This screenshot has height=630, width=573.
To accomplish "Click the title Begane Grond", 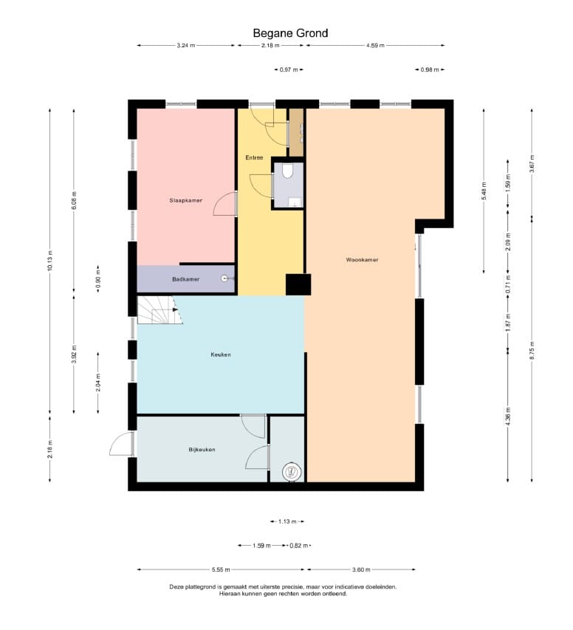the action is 290,33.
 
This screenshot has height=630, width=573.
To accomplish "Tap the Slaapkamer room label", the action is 185,200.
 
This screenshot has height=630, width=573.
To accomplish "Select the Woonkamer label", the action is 362,260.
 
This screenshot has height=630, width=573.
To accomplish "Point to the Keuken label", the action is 221,355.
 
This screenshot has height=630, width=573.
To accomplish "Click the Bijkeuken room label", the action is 202,450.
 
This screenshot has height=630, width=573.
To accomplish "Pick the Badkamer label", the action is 185,279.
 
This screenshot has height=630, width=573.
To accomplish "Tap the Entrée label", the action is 254,157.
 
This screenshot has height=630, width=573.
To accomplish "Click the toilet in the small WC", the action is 288,171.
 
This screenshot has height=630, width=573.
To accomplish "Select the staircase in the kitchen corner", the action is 159,309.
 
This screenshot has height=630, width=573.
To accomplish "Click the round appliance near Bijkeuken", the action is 292,471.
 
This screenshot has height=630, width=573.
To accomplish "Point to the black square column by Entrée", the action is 298,284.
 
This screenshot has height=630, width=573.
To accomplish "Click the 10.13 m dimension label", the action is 49,261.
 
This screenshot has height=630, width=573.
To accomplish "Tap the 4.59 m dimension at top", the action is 375,45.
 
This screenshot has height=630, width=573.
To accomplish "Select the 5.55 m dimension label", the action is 221,569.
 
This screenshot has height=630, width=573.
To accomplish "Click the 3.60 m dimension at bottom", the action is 361,569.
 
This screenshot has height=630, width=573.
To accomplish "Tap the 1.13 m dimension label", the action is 287,521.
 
